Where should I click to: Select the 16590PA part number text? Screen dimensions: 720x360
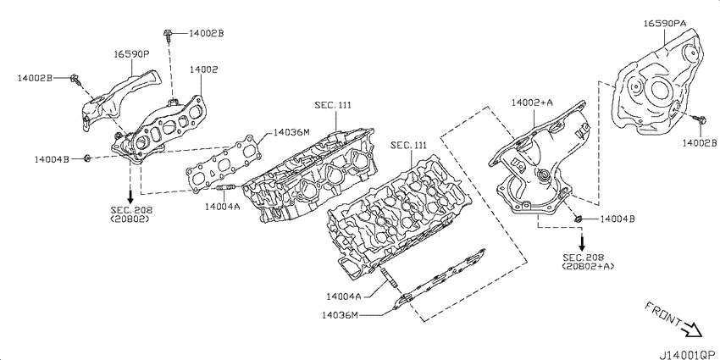click(x=664, y=24)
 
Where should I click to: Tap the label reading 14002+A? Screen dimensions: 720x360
click(x=532, y=102)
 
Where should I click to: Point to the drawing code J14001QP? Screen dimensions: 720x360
click(x=688, y=355)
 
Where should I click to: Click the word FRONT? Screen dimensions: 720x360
click(x=662, y=314)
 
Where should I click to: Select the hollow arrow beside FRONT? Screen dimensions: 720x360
click(x=691, y=329)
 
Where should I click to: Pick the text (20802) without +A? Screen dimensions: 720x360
click(x=130, y=219)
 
